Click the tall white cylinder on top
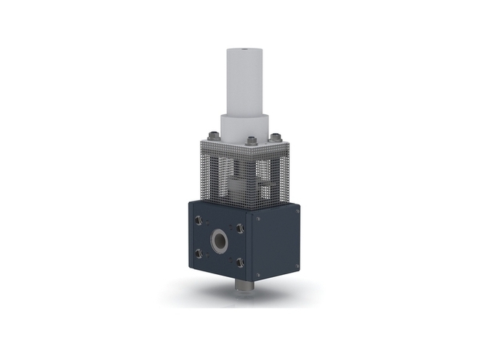pyautogui.click(x=244, y=80)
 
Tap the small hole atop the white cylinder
pyautogui.click(x=244, y=51)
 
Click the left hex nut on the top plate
pyautogui.click(x=212, y=135)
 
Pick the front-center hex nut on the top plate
pyautogui.click(x=251, y=140)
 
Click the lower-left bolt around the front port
pyautogui.click(x=198, y=253)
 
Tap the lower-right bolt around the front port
pyautogui.click(x=239, y=263)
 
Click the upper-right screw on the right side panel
pyautogui.click(x=296, y=209)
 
